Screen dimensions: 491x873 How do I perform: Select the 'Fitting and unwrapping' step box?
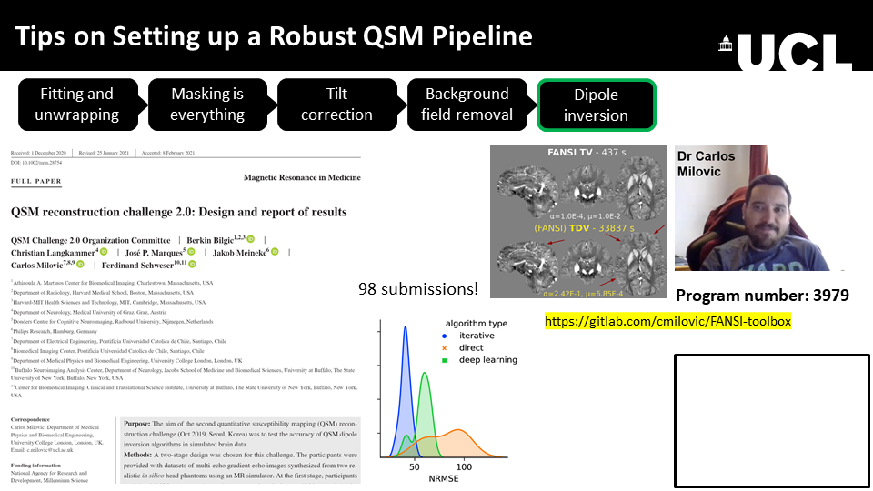point(76,104)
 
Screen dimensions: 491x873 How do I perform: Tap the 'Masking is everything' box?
point(207,104)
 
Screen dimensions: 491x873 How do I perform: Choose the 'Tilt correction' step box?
point(336,104)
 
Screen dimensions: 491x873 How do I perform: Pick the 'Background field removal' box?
point(467,104)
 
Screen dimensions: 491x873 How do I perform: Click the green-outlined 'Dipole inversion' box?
point(596,105)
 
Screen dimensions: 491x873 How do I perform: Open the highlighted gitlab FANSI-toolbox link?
point(668,321)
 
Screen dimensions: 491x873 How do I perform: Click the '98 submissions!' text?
point(417,289)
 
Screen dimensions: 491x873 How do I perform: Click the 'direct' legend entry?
point(471,347)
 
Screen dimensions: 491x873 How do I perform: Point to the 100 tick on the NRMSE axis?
point(465,466)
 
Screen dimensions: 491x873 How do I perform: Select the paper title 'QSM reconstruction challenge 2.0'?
point(178,212)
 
